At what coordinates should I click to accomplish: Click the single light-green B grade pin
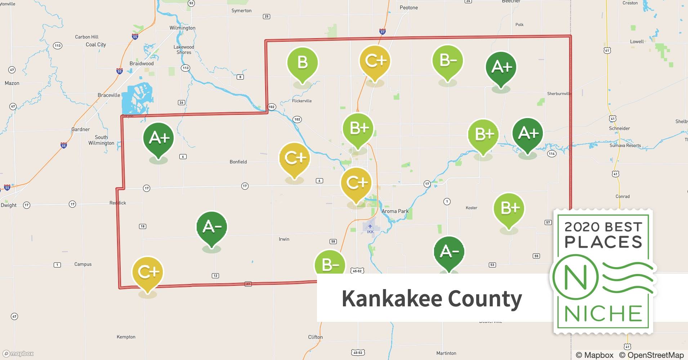click(302, 63)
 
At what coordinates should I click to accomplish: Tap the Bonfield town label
click(238, 162)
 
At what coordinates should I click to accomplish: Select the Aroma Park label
click(395, 211)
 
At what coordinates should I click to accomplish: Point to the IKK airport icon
click(370, 226)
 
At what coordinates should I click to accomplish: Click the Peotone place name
click(408, 8)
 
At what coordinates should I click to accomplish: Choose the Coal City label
click(96, 45)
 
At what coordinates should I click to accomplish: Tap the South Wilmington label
click(101, 140)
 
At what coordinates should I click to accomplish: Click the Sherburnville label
click(559, 94)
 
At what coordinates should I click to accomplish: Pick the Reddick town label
click(118, 203)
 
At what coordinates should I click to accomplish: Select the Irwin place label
click(284, 239)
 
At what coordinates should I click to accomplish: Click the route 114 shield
click(551, 154)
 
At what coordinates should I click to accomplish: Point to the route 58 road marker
click(333, 242)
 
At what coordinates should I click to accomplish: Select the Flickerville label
click(302, 101)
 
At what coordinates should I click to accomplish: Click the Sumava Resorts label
click(625, 146)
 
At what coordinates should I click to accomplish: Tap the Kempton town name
click(126, 337)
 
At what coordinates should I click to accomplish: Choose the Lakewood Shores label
click(184, 50)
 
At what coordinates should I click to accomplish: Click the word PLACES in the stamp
click(603, 242)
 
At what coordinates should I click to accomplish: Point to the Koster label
click(471, 208)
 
